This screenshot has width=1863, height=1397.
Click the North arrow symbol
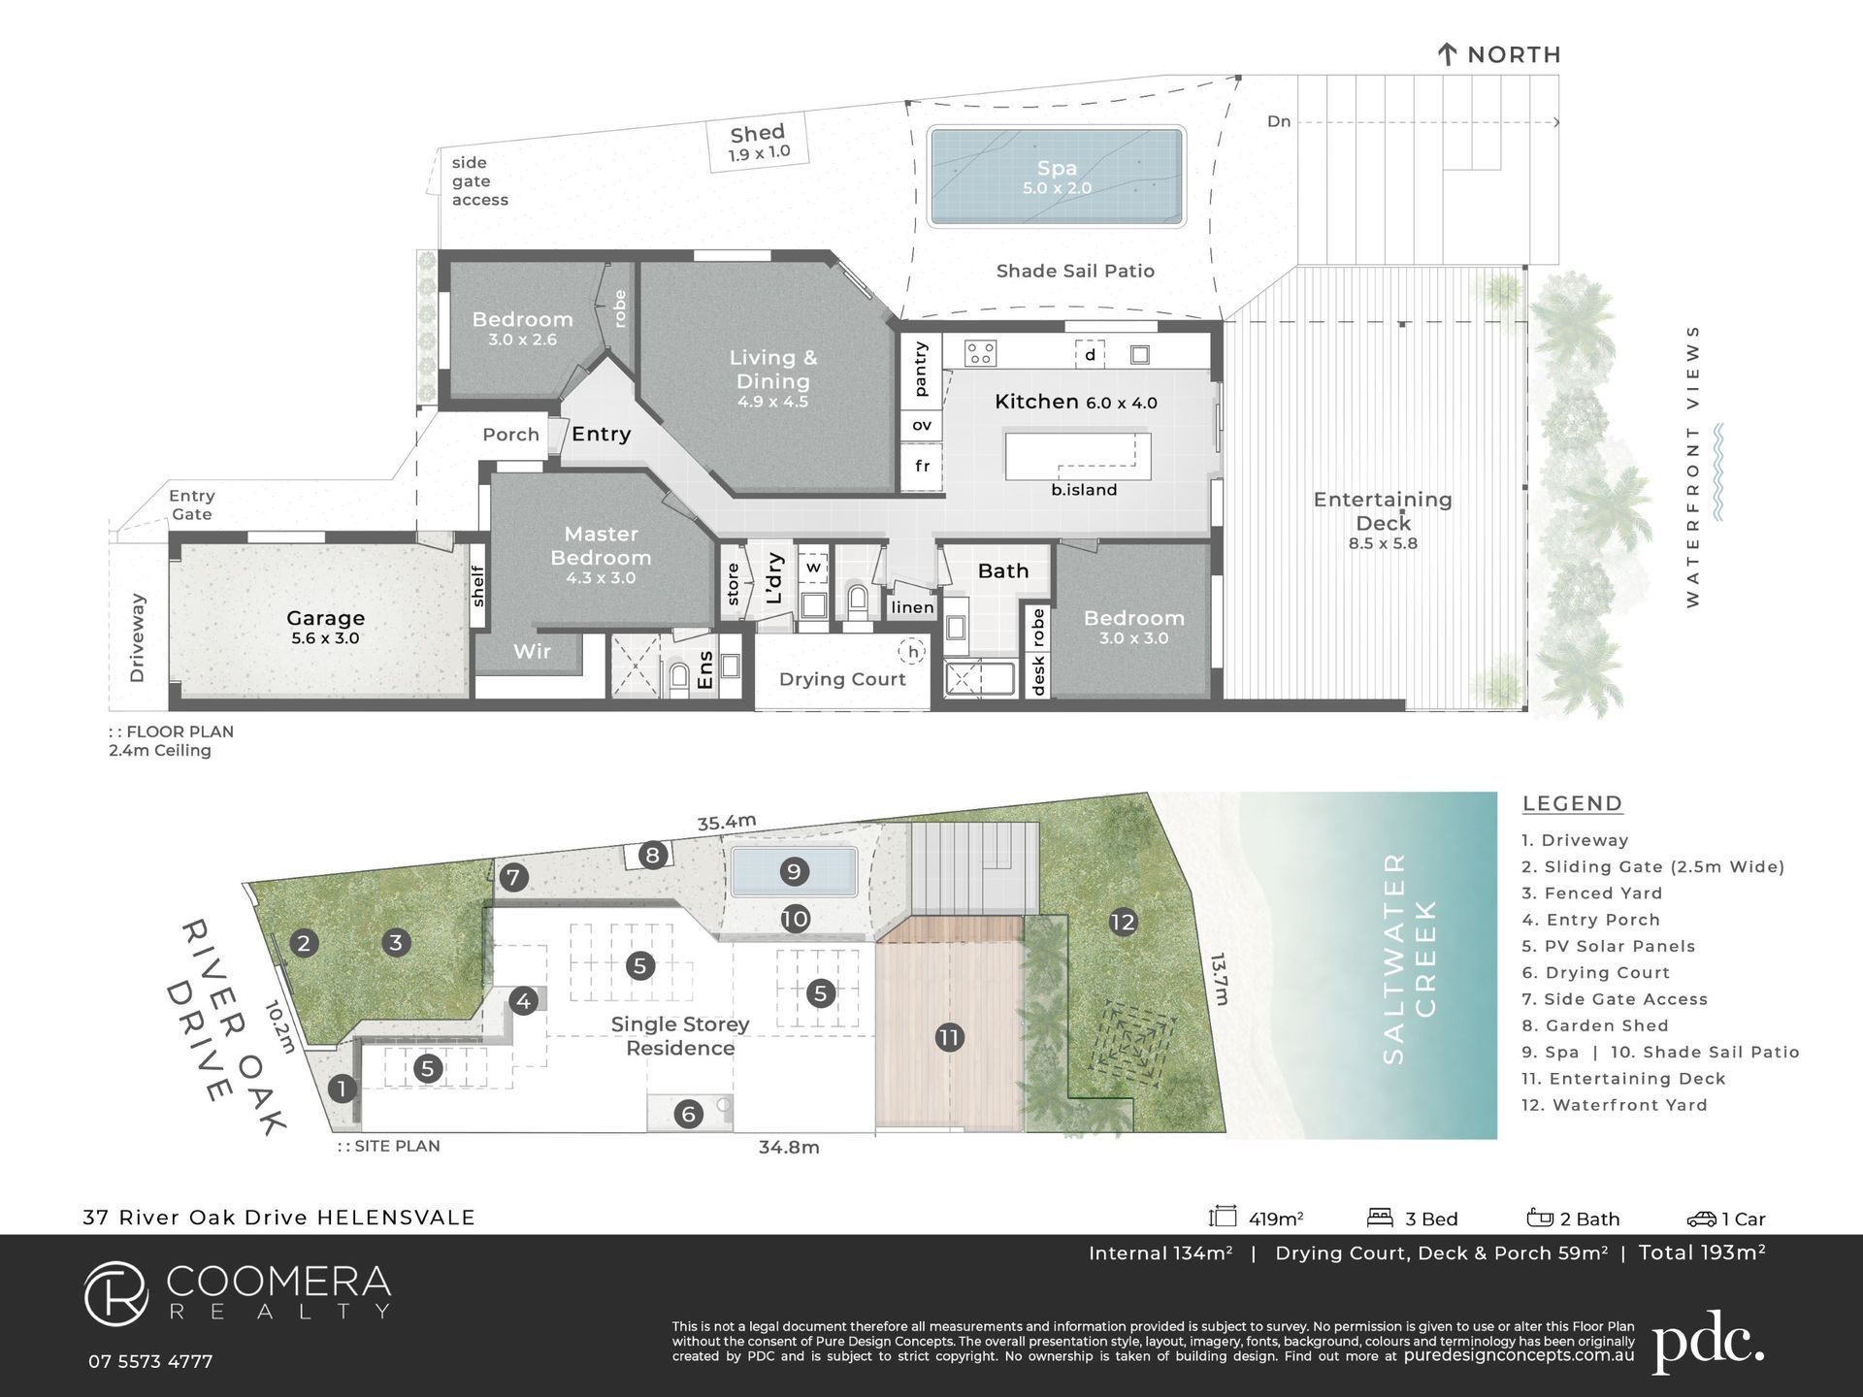click(1447, 54)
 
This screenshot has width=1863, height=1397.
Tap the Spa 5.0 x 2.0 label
click(1057, 178)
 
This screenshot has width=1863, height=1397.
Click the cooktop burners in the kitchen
click(980, 353)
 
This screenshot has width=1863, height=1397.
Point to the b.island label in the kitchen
click(1084, 490)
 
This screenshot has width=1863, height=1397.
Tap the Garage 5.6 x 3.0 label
click(325, 627)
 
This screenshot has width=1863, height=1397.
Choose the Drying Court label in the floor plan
click(842, 679)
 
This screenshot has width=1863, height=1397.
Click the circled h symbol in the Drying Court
click(912, 652)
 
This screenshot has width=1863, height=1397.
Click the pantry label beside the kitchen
click(921, 369)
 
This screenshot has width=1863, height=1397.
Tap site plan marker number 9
click(794, 871)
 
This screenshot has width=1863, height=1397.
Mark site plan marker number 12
click(1123, 922)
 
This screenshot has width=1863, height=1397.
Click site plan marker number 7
click(513, 878)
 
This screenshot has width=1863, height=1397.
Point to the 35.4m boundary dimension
click(727, 822)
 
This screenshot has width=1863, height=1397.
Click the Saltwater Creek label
click(1410, 958)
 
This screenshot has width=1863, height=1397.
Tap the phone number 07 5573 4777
click(150, 1361)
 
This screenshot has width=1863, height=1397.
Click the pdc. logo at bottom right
click(1708, 1343)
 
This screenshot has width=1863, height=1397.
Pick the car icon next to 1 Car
click(1702, 1218)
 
